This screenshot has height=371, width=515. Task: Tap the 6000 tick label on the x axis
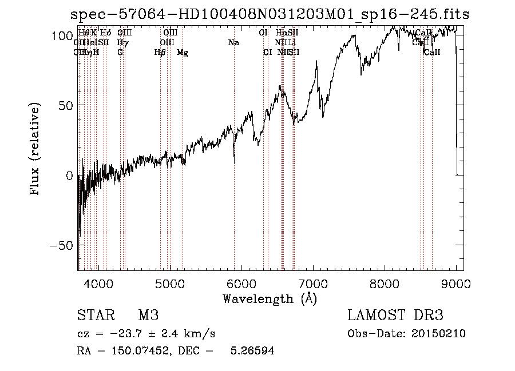click(x=241, y=283)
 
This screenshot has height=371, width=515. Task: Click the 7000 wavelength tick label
click(x=313, y=283)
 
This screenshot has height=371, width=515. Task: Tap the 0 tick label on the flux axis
click(x=68, y=175)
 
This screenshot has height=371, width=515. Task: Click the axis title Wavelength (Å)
click(x=270, y=298)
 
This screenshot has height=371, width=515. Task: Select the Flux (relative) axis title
click(x=35, y=150)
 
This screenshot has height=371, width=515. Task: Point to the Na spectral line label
click(x=233, y=43)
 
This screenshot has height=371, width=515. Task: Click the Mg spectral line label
click(x=183, y=53)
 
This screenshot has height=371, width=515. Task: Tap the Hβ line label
click(x=160, y=53)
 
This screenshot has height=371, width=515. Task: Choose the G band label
click(x=120, y=53)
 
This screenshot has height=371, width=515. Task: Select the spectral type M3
click(x=148, y=316)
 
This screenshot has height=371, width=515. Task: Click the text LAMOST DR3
click(x=395, y=316)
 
